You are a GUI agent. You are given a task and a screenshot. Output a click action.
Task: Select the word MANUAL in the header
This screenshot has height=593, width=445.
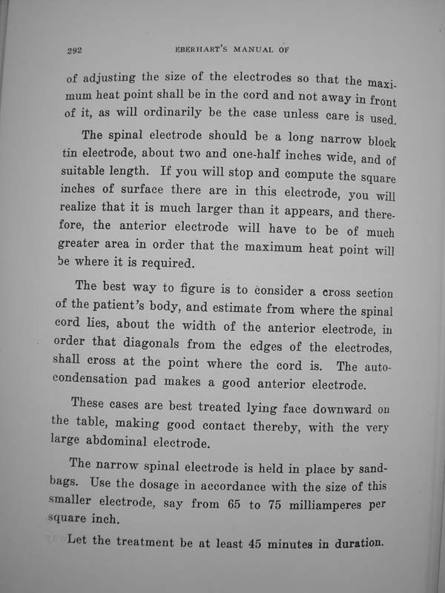(x=247, y=50)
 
